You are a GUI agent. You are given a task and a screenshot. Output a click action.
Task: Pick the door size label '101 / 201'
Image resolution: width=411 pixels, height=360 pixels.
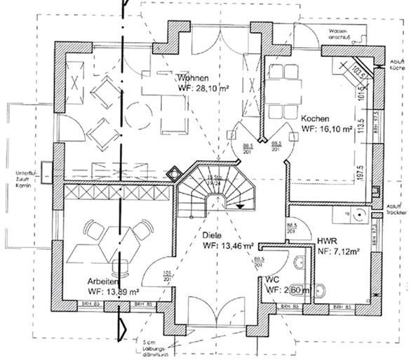click(167, 276)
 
